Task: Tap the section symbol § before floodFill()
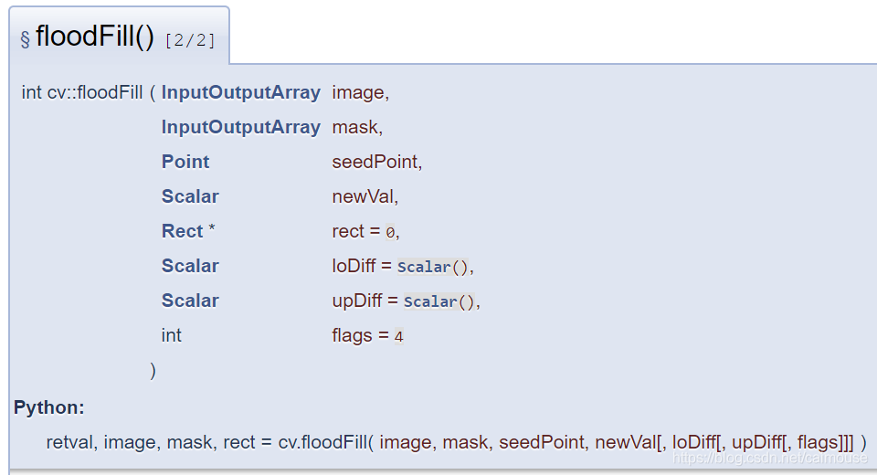(25, 39)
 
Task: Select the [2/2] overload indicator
(190, 40)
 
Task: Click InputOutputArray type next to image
(240, 92)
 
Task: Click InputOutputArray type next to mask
(240, 127)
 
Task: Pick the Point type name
(185, 162)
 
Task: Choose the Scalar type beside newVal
(190, 196)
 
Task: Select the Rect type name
(182, 231)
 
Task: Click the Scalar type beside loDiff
(190, 266)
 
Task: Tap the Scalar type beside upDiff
(190, 301)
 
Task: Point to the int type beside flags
(171, 335)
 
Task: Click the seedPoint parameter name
(375, 162)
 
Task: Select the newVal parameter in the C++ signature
(364, 196)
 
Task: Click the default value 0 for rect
(390, 233)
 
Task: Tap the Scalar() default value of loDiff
(434, 267)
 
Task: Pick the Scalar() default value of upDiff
(439, 301)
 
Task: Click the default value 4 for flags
(398, 336)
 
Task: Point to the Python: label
(49, 407)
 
